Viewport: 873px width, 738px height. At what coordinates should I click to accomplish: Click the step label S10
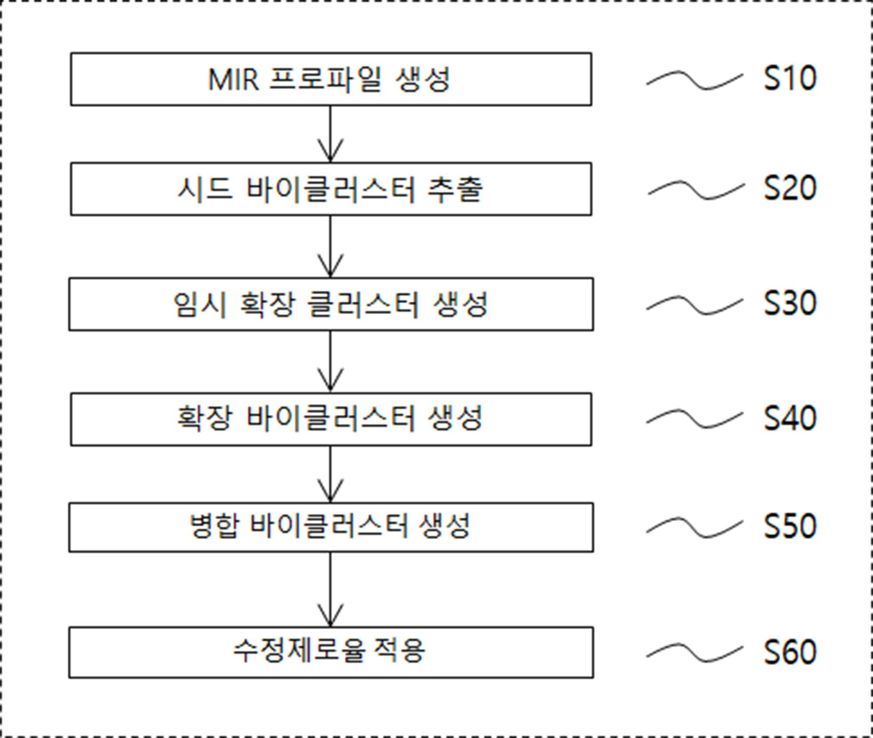click(x=790, y=78)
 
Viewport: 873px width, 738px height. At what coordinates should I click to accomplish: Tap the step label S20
click(x=790, y=188)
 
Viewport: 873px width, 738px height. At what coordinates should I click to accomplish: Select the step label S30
click(x=790, y=303)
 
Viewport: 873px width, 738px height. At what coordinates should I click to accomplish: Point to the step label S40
click(x=790, y=418)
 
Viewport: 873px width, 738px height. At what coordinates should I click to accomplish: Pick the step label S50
click(x=790, y=526)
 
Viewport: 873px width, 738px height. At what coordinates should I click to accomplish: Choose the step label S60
click(x=790, y=652)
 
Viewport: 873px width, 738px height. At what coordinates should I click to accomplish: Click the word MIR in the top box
click(x=234, y=80)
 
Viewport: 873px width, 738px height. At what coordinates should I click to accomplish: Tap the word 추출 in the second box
click(x=455, y=189)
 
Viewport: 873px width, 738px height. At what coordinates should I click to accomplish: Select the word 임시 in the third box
click(x=200, y=305)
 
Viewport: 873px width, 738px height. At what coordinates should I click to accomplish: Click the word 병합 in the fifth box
click(x=214, y=526)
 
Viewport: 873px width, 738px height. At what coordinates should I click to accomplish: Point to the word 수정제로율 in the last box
click(x=299, y=650)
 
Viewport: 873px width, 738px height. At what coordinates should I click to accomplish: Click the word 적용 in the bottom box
click(x=399, y=650)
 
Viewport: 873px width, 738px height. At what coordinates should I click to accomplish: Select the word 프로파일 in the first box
click(x=326, y=80)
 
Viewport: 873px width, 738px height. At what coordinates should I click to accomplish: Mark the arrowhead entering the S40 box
click(x=330, y=380)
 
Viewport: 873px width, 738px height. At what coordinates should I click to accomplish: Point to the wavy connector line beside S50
click(x=695, y=527)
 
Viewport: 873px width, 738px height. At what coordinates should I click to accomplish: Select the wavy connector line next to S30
click(x=695, y=305)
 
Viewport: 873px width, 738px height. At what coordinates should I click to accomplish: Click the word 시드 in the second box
click(x=205, y=189)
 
